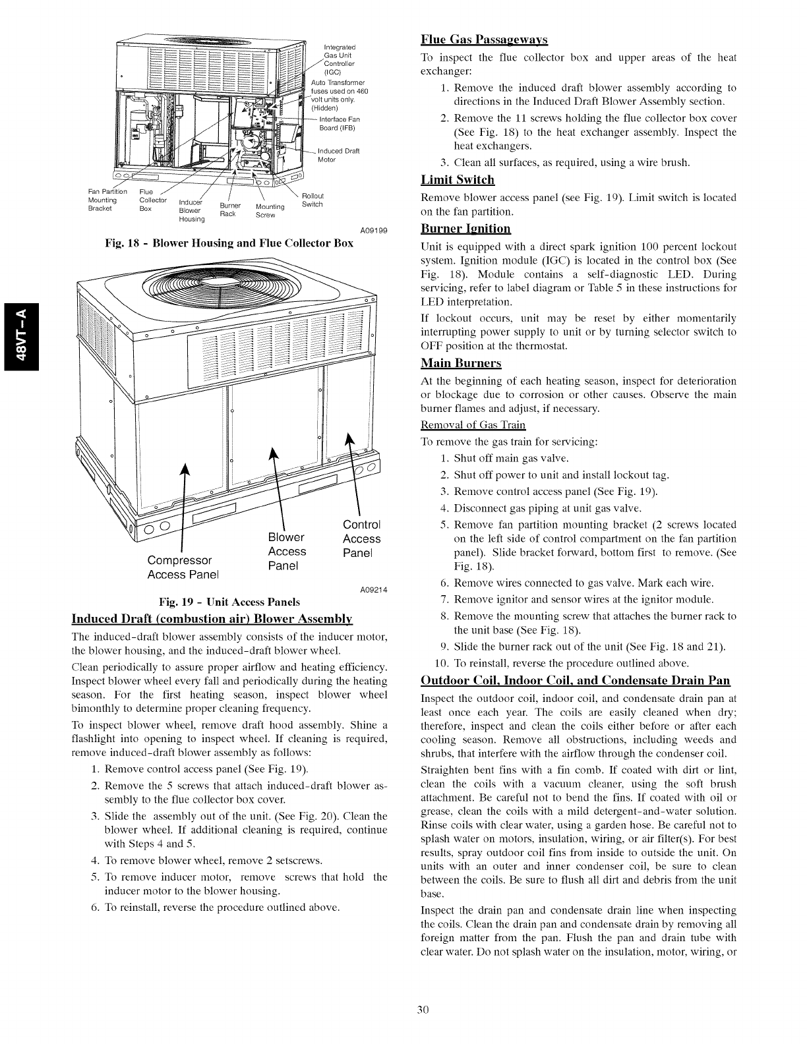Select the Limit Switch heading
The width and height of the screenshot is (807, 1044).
[x=458, y=180]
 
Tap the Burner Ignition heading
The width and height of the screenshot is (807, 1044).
[x=465, y=229]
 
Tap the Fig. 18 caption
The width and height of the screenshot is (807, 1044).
[x=229, y=243]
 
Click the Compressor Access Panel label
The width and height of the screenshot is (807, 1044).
[x=180, y=567]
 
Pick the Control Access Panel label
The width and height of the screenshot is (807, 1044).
[x=362, y=538]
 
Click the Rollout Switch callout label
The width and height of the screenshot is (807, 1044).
[x=312, y=200]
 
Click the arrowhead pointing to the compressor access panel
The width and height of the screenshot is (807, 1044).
[x=187, y=468]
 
